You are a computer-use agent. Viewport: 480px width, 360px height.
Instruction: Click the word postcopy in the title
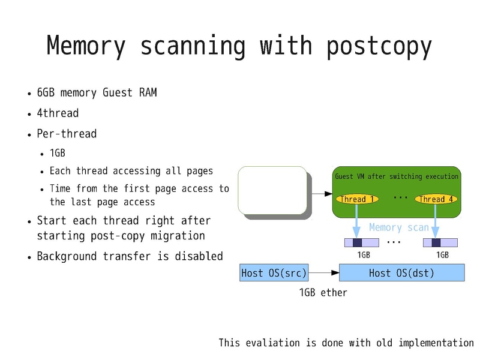379,46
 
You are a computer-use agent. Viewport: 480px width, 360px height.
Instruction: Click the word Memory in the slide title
86,46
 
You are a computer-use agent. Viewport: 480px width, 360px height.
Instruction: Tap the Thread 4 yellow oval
436,199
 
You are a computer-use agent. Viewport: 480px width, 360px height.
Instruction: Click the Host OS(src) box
274,273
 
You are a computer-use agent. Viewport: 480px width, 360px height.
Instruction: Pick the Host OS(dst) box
402,273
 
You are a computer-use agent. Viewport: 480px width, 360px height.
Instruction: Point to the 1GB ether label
323,293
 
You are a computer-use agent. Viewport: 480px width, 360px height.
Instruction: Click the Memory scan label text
399,227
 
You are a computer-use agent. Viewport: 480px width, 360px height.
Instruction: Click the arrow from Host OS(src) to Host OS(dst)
324,273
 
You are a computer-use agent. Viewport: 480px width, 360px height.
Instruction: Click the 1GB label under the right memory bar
442,254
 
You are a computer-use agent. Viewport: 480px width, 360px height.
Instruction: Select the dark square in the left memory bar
357,242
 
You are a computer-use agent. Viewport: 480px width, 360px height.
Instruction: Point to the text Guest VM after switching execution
396,176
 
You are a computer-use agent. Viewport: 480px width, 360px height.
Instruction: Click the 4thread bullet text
58,113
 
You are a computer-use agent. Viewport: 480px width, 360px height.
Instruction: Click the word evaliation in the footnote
272,343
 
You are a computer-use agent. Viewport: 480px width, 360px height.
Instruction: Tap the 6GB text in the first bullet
45,93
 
